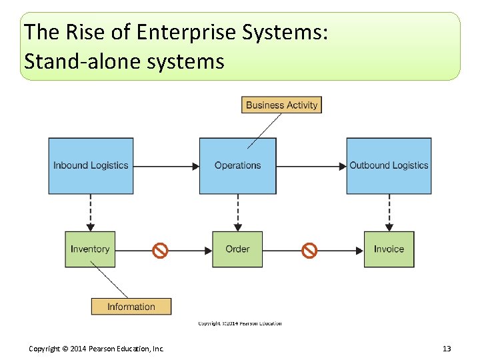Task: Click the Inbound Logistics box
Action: click(x=91, y=165)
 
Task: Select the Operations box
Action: click(x=237, y=165)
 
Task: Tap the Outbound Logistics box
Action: click(x=389, y=165)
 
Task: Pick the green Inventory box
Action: click(x=90, y=249)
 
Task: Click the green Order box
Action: click(x=237, y=249)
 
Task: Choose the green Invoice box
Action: click(x=389, y=249)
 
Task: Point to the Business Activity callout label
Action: click(x=281, y=105)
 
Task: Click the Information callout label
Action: click(x=131, y=307)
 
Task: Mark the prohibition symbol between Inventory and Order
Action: click(x=160, y=251)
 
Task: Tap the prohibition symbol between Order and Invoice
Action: click(x=309, y=251)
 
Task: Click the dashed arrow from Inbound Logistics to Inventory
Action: click(x=91, y=213)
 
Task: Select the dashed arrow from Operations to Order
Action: click(x=238, y=213)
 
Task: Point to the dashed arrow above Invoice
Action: click(x=389, y=213)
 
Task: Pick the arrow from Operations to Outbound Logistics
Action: click(x=311, y=166)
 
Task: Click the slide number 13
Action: click(x=447, y=349)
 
